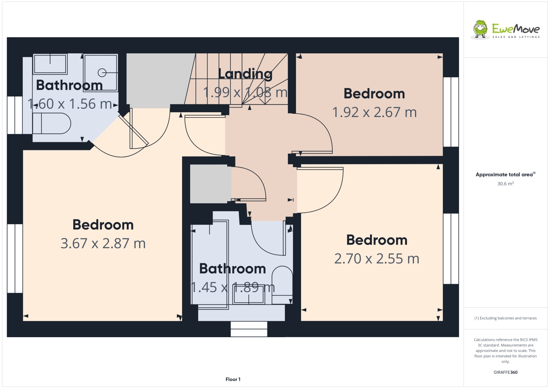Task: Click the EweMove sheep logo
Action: pos(480,29)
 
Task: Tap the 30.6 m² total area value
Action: pos(505,184)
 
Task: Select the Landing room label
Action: pos(245,74)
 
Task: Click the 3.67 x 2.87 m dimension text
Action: pos(103,244)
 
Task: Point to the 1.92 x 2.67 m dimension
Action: pos(374,112)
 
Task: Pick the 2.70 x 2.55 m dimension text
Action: pos(377,259)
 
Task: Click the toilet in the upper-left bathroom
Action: pos(52,123)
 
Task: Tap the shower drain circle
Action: pos(102,73)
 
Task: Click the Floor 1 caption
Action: pos(233,379)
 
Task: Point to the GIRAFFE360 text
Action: pos(506,372)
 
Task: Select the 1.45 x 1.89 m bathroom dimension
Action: pos(233,287)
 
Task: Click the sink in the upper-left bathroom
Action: pos(50,64)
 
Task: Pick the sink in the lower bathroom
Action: pos(249,296)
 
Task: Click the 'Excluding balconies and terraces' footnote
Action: pos(506,318)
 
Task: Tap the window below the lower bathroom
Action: pos(249,329)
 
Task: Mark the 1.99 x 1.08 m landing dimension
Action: pos(245,93)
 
